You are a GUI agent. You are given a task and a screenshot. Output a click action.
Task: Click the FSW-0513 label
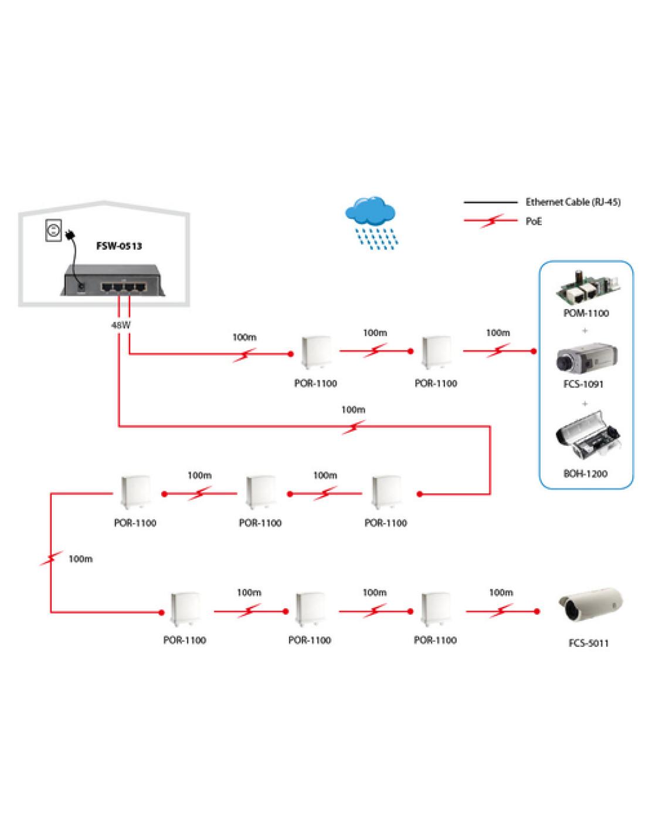pyautogui.click(x=119, y=246)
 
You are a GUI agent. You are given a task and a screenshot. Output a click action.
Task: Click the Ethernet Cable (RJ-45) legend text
pyautogui.click(x=573, y=202)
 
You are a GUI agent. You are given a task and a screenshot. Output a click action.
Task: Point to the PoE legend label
pyautogui.click(x=534, y=222)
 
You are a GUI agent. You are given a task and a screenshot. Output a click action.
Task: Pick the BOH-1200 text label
pyautogui.click(x=585, y=473)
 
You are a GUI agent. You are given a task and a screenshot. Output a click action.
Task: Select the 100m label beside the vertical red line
pyautogui.click(x=80, y=560)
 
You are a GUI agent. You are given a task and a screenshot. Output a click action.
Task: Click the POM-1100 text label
pyautogui.click(x=585, y=313)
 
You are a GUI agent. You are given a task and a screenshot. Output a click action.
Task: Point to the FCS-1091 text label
pyautogui.click(x=585, y=385)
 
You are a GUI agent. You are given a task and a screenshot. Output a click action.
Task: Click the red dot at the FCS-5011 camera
pyautogui.click(x=537, y=612)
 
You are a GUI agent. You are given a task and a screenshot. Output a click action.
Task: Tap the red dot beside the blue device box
pyautogui.click(x=533, y=351)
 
